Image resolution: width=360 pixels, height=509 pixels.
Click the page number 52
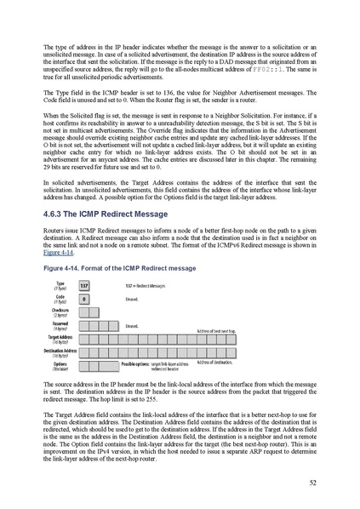pyautogui.click(x=313, y=481)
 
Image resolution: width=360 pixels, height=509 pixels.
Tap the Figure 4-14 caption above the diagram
pyautogui.click(x=118, y=268)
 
